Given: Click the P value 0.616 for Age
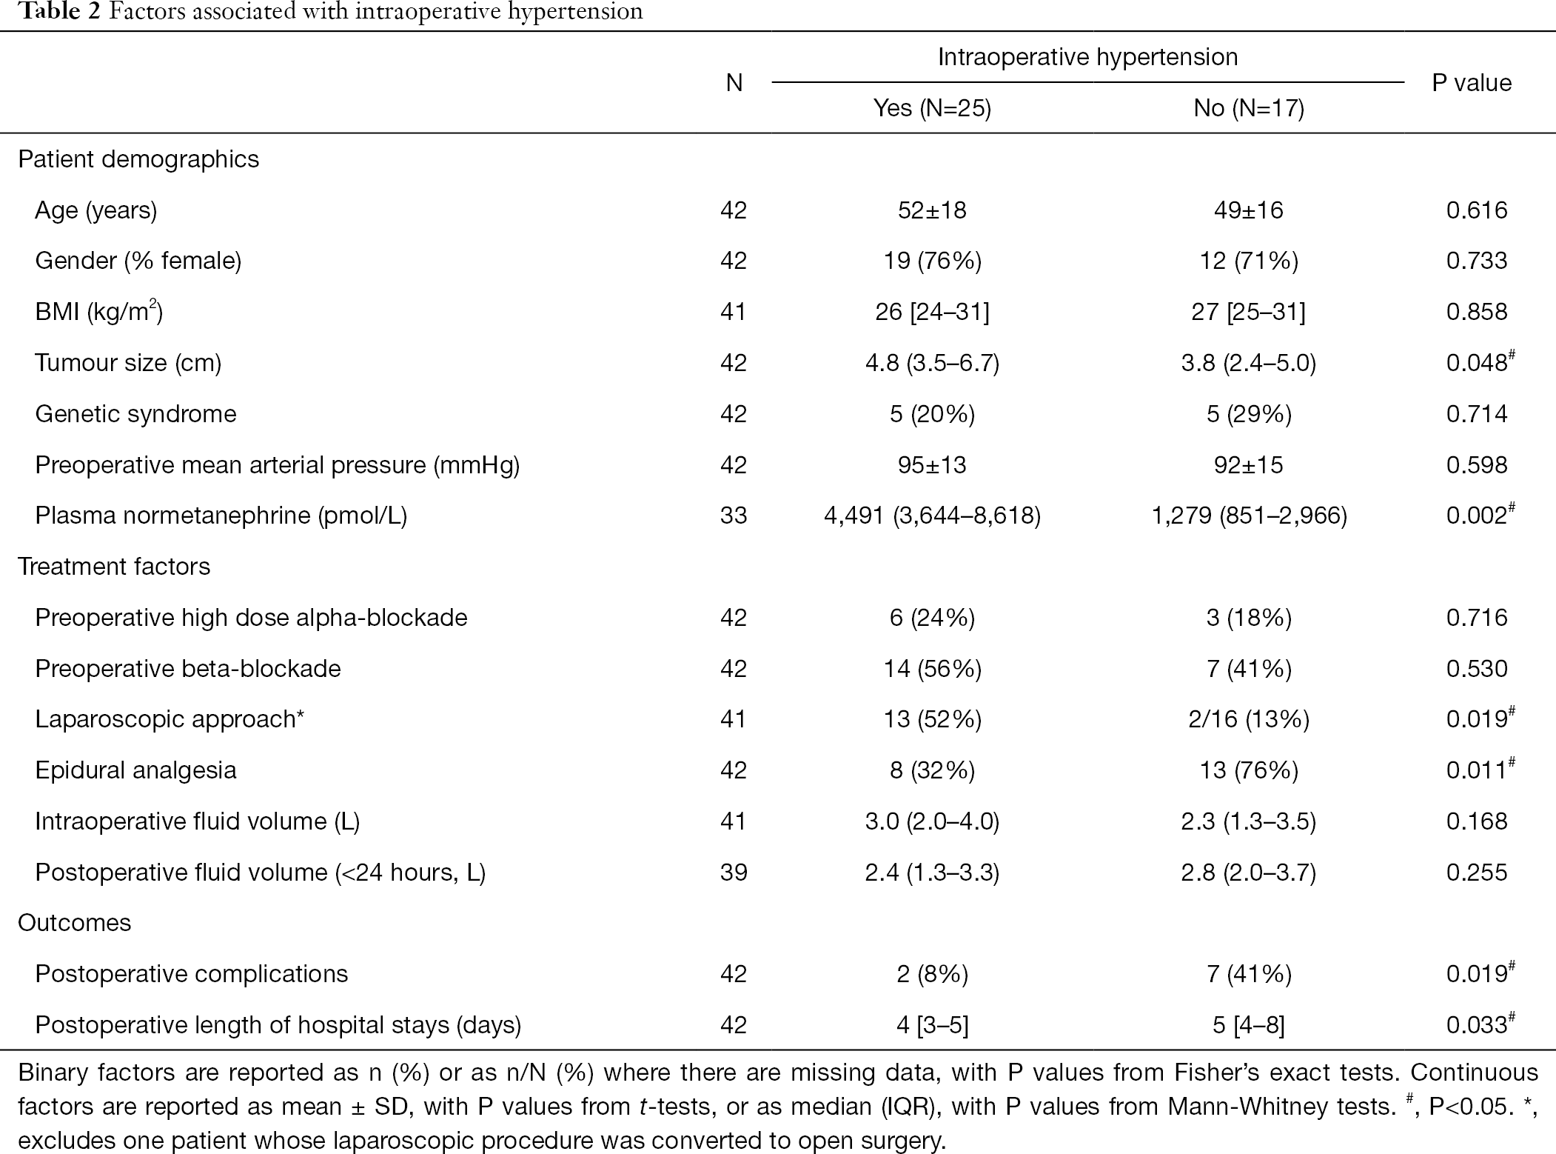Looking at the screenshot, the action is click(x=1477, y=210).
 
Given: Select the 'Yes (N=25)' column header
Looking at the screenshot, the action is click(x=932, y=108).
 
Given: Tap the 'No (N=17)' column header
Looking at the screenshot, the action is click(x=1249, y=108).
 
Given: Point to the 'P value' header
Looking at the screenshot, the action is click(x=1472, y=82).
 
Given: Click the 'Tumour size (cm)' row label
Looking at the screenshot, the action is click(x=128, y=363).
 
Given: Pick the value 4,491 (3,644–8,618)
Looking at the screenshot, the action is click(x=932, y=516).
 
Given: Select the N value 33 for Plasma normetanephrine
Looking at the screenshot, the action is click(x=734, y=516).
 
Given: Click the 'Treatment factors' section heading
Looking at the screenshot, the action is click(x=114, y=567).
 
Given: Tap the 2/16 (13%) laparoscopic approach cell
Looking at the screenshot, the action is click(x=1249, y=719).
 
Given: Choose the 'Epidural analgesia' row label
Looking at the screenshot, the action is click(x=135, y=770).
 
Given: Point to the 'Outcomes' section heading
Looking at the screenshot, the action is click(x=74, y=923).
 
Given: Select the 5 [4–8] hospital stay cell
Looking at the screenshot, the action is click(x=1249, y=1025).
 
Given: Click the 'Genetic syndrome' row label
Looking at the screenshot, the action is click(x=135, y=414).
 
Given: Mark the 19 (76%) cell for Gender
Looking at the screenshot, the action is click(x=932, y=261).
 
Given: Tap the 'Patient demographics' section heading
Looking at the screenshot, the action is click(x=138, y=160).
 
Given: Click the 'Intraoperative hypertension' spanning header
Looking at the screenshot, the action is click(x=1087, y=57).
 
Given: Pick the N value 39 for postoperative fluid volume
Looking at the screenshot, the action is click(x=734, y=873).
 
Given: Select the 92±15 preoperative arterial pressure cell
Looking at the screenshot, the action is click(x=1249, y=465).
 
